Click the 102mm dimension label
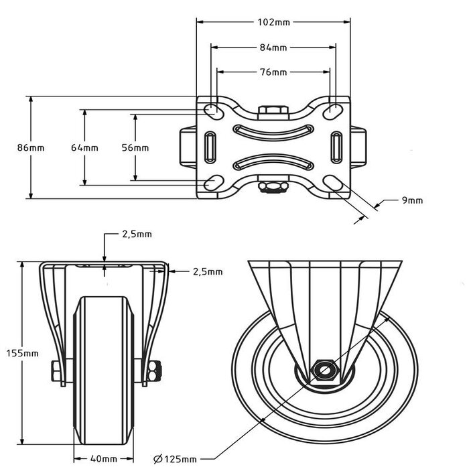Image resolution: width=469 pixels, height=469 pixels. tap(273, 22)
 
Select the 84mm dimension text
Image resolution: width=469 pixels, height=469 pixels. tap(273, 48)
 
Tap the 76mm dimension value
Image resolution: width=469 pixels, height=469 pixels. tap(273, 72)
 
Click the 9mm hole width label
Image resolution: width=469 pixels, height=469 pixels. tap(413, 200)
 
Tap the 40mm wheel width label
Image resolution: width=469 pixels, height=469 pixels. tap(105, 459)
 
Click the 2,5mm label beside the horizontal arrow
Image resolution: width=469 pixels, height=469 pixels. tap(207, 272)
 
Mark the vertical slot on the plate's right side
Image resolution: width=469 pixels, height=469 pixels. tap(336, 146)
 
